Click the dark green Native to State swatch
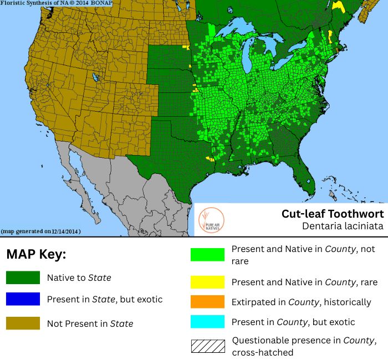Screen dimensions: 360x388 pyautogui.click(x=23, y=277)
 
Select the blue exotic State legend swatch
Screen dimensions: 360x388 pyautogui.click(x=23, y=299)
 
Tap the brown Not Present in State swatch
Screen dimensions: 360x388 pyautogui.click(x=23, y=323)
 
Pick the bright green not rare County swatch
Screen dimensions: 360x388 pyautogui.click(x=207, y=254)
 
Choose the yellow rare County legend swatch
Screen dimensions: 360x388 pyautogui.click(x=207, y=282)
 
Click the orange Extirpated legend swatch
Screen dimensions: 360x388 pyautogui.click(x=207, y=302)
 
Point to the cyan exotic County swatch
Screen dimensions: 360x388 pyautogui.click(x=207, y=322)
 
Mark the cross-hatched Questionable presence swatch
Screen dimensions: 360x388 pyautogui.click(x=207, y=346)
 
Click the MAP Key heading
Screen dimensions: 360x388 pyautogui.click(x=36, y=255)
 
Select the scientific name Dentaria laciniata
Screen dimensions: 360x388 pyautogui.click(x=342, y=226)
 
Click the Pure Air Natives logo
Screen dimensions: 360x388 pyautogui.click(x=210, y=220)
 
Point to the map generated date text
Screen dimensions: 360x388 pyautogui.click(x=42, y=231)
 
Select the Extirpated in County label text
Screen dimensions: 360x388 pyautogui.click(x=301, y=302)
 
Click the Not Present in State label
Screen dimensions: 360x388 pyautogui.click(x=90, y=323)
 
